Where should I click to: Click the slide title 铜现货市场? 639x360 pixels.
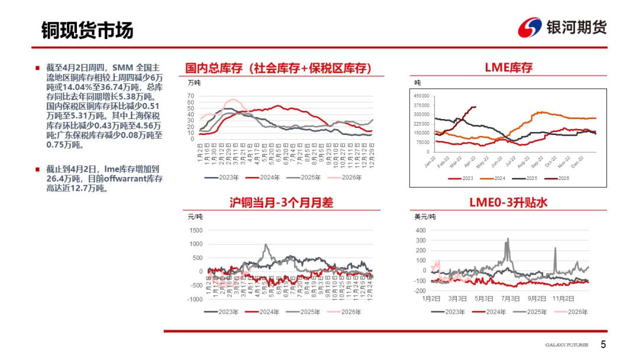88,30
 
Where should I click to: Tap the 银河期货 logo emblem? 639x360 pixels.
530,27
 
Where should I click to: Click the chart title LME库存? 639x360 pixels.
508,67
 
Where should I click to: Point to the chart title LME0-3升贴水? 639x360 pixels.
508,202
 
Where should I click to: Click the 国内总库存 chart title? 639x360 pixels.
278,68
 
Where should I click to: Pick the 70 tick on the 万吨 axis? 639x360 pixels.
191,95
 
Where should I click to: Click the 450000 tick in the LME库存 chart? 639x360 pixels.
422,96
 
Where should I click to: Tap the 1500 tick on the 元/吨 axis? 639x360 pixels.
195,230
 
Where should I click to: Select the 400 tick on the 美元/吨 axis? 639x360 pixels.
421,230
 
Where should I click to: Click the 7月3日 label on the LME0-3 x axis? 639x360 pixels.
511,298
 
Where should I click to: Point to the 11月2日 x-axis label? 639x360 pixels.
566,298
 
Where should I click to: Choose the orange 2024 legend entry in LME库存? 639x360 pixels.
495,178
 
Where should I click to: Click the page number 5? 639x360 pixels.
603,345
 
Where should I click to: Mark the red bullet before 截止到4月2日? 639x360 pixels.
38,169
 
